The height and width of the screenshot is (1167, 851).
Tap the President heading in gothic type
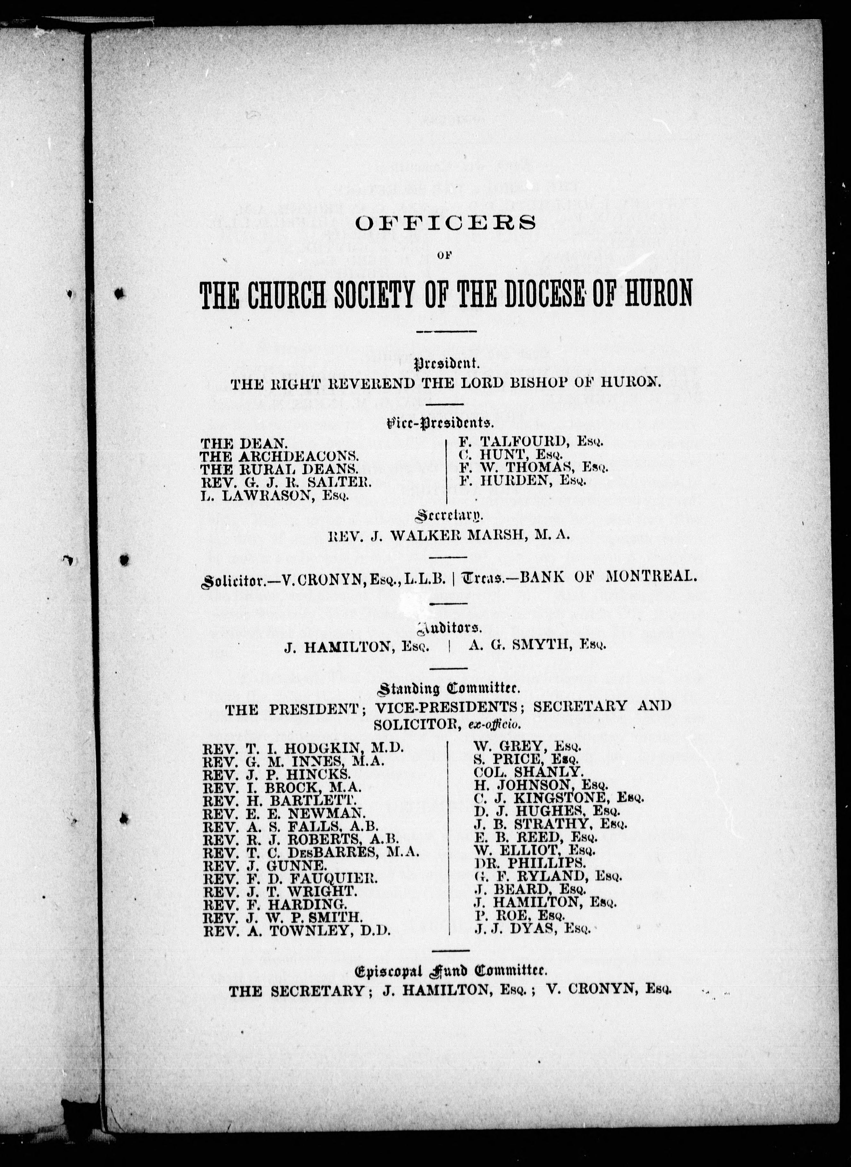click(447, 365)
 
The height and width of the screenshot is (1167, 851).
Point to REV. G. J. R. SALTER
click(286, 482)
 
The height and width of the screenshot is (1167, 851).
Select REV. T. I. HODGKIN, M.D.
click(304, 748)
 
